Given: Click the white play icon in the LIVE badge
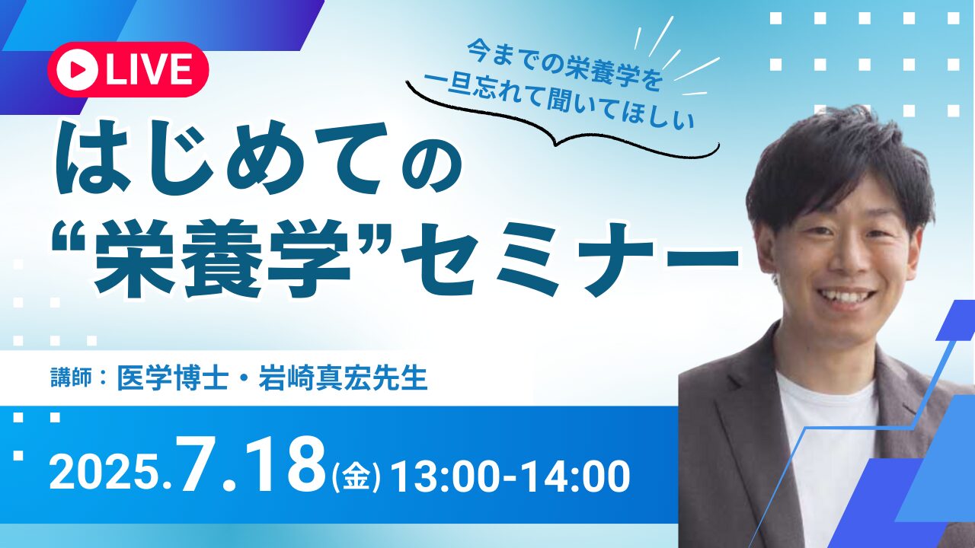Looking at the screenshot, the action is pyautogui.click(x=78, y=69).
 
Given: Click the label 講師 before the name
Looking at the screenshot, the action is pyautogui.click(x=71, y=378).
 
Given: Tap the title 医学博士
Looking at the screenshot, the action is pyautogui.click(x=172, y=378).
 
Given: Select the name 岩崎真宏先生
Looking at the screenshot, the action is pyautogui.click(x=343, y=378).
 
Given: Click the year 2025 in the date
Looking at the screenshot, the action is pyautogui.click(x=107, y=476).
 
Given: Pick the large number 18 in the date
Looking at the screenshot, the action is pyautogui.click(x=285, y=467).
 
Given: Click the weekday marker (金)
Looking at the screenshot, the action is pyautogui.click(x=356, y=477).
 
